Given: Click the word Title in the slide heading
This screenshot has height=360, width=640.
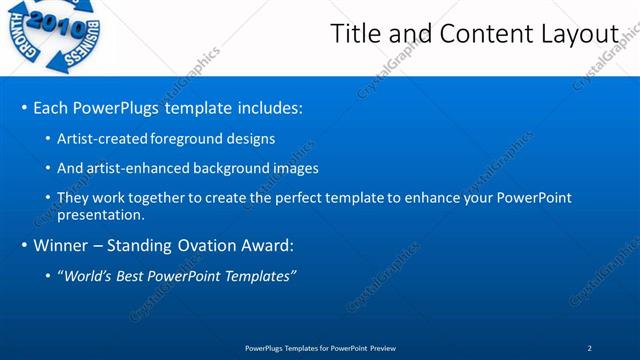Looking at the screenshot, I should coord(354,34).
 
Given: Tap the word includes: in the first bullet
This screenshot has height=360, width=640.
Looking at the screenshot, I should coord(264,107).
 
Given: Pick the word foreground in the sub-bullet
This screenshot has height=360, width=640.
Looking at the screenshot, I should coord(186,138).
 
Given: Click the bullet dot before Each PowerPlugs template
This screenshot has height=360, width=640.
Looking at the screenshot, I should coord(24,108).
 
